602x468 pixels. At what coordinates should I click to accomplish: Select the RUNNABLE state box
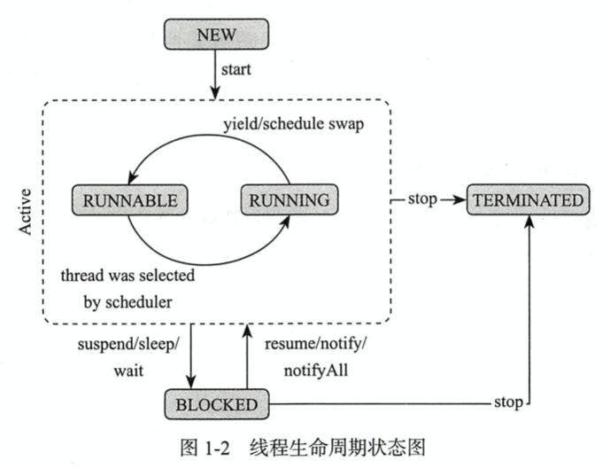[x=130, y=199]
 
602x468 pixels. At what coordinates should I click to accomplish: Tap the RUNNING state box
[x=289, y=199]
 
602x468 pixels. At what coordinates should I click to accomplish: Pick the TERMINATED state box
[x=528, y=199]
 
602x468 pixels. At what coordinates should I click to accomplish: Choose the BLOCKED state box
[x=216, y=405]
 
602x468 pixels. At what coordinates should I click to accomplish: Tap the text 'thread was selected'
[x=127, y=276]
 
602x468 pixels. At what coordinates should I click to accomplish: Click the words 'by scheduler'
[x=127, y=301]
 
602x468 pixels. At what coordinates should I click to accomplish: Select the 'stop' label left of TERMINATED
[x=421, y=199]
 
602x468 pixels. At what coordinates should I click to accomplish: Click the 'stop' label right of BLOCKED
[x=508, y=405]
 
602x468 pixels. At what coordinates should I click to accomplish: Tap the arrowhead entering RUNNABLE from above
[x=132, y=177]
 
